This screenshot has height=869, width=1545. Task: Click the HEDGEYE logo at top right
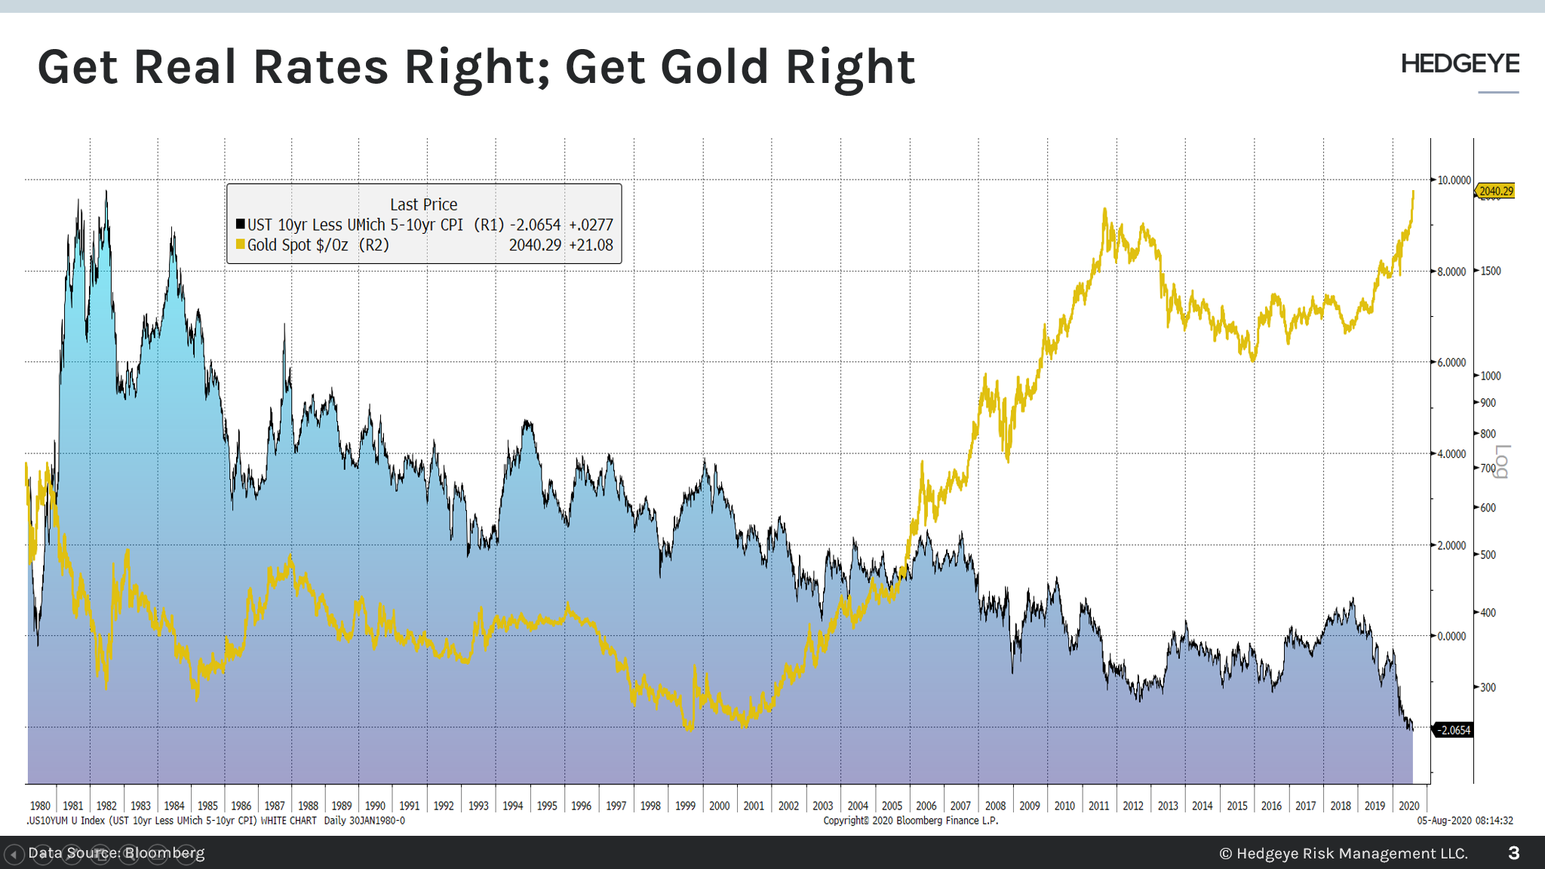(x=1460, y=64)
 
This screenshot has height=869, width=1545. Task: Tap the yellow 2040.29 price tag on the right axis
(x=1496, y=191)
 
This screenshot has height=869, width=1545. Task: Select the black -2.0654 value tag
(x=1453, y=730)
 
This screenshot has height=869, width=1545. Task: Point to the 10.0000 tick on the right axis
(x=1453, y=180)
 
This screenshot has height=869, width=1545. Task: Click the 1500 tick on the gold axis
(x=1490, y=271)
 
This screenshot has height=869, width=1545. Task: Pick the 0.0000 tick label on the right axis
(x=1451, y=636)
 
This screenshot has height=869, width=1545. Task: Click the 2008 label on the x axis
(x=995, y=806)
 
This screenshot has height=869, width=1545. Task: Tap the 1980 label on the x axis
(x=40, y=806)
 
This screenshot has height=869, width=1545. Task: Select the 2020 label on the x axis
(x=1408, y=806)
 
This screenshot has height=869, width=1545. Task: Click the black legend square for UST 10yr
(x=241, y=224)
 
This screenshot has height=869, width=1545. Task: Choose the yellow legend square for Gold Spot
(x=241, y=244)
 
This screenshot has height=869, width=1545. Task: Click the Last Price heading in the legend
(x=423, y=204)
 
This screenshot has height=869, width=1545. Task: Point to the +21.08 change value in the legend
(x=591, y=245)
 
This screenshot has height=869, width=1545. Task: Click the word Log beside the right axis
(x=1501, y=461)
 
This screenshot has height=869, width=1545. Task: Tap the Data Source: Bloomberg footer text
(x=116, y=853)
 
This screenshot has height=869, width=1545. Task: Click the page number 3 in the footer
(x=1513, y=853)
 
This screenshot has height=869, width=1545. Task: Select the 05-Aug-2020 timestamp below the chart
(x=1464, y=821)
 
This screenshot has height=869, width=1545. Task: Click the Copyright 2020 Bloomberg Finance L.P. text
(x=910, y=821)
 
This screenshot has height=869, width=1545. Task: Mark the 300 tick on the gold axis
(x=1487, y=687)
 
